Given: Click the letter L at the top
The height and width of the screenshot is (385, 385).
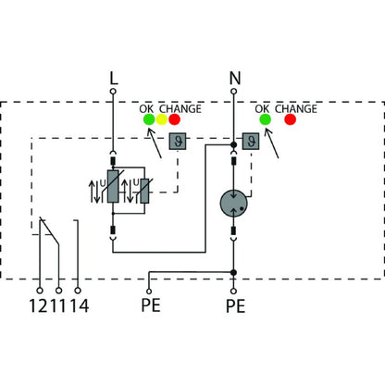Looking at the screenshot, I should point(114,80).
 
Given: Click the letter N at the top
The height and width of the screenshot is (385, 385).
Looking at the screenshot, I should point(234,80).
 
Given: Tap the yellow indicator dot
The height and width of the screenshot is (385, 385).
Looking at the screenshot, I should point(160,119).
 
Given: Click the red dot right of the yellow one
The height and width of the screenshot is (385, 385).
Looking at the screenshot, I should point(174,119).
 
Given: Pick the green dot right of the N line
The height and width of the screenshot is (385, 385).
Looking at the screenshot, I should point(265,119).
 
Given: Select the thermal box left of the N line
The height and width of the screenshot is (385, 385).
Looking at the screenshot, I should point(176,142).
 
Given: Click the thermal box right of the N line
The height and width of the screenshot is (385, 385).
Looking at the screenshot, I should point(250,142).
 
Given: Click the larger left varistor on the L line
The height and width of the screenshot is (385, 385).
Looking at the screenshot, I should point(114,194).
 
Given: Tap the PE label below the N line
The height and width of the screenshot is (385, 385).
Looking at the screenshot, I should point(234,304).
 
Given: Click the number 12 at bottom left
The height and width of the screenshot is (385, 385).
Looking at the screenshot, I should point(39,304).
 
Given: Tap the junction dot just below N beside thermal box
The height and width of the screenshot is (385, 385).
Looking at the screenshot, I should point(234,144).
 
